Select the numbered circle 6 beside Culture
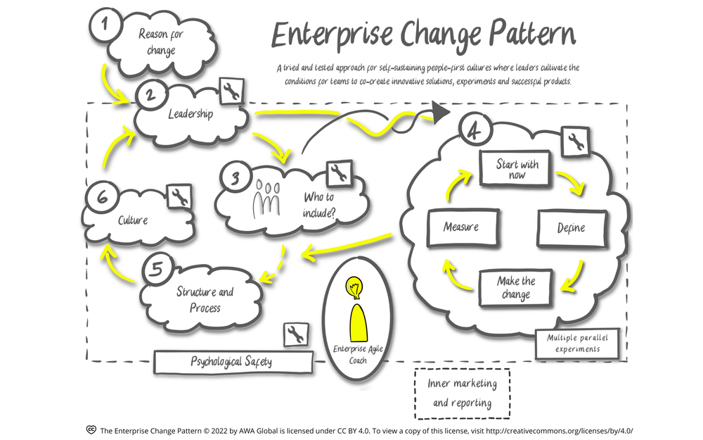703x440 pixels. [x=101, y=200]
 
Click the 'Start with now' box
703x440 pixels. [x=517, y=170]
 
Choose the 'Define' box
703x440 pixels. [x=571, y=228]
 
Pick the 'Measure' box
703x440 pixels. [x=461, y=227]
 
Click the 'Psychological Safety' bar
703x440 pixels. [x=231, y=362]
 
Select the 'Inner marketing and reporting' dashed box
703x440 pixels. [x=462, y=394]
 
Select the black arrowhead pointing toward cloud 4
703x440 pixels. [x=441, y=113]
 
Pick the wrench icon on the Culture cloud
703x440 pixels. [x=179, y=198]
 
